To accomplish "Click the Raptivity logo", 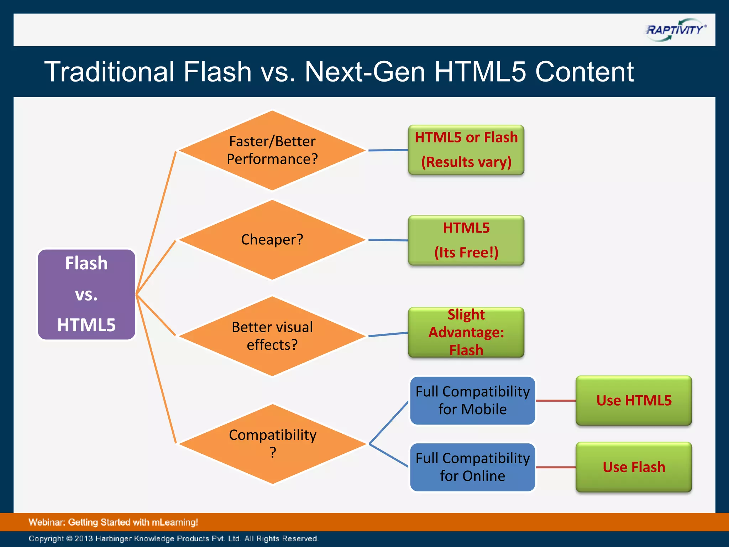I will [675, 30].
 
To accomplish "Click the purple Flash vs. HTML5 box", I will [86, 294].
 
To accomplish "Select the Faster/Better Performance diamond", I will [272, 150].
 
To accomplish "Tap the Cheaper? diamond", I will [272, 240].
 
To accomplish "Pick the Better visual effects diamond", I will [272, 336].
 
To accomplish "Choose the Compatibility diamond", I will [272, 444].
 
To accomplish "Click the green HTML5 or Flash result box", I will [466, 150].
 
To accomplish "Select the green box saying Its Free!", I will [466, 240].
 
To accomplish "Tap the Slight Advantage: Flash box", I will [466, 332].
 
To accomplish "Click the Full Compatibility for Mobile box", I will [472, 400].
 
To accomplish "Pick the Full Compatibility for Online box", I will [472, 467].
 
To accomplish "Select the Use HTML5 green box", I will [634, 400].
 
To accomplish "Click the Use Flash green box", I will [634, 467].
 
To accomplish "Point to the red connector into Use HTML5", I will [556, 401].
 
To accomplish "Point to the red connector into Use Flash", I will [556, 467].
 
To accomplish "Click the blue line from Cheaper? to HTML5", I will [388, 240].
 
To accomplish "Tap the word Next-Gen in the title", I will [364, 72].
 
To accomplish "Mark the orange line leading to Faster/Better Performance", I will [157, 221].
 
